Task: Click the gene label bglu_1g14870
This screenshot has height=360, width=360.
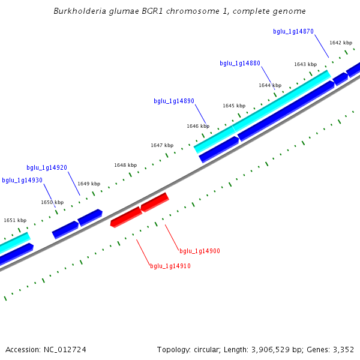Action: point(293,31)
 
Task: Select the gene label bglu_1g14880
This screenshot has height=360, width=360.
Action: point(240,63)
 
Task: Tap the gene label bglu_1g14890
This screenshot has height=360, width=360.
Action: point(174,101)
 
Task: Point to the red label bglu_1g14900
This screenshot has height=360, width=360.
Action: point(200,251)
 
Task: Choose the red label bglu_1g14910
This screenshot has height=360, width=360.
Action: point(170,266)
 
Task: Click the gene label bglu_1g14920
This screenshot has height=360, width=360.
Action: point(47,168)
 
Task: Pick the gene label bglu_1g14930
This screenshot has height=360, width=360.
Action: point(22,180)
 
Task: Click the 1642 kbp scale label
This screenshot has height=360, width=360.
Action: point(341,43)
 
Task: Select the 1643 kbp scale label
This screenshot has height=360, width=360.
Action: point(305,64)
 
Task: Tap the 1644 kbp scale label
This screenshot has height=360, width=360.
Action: point(270,85)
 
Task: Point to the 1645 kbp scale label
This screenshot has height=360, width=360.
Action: point(234,106)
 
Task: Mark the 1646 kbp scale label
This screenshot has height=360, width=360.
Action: point(198,126)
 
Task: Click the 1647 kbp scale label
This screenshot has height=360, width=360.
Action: point(162,145)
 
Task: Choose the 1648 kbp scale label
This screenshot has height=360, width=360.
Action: point(125,165)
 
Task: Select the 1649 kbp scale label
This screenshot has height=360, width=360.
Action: point(89,184)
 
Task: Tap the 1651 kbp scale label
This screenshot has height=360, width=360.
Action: point(15,220)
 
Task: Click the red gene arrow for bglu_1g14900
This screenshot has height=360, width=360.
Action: point(154,202)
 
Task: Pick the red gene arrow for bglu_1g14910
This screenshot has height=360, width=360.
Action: point(126,217)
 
